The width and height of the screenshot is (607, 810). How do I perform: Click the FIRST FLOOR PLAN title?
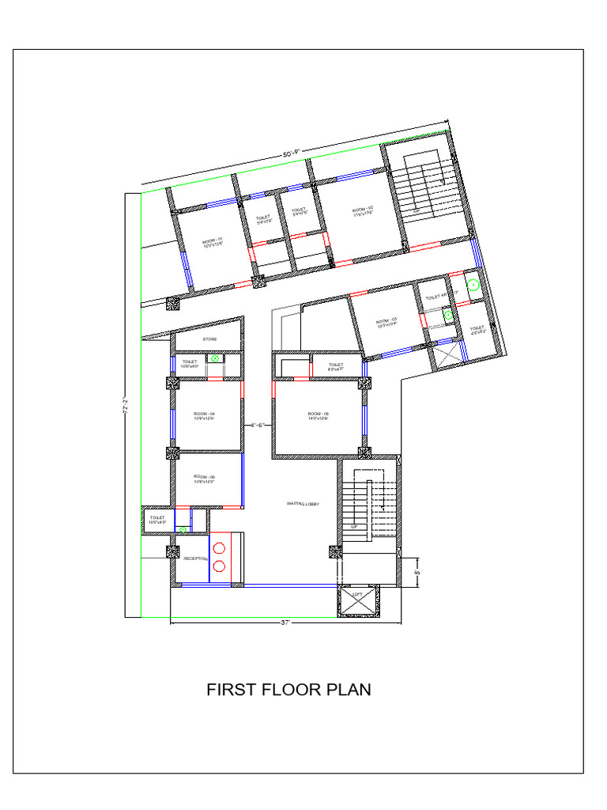pos(288,690)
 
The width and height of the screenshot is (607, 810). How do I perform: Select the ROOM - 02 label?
pos(362,210)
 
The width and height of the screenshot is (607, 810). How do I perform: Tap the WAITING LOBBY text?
pos(302,503)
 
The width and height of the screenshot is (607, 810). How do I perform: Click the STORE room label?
pos(209,339)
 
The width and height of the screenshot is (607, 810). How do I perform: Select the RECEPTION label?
pos(195,558)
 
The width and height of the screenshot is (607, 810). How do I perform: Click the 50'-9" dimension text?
pos(292,153)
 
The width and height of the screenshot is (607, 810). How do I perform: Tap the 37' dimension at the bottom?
pos(286,623)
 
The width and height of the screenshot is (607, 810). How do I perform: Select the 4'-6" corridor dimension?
pos(257,426)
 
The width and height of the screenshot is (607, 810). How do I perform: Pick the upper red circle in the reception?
pos(219,547)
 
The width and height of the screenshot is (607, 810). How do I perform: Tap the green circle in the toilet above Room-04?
pos(213,358)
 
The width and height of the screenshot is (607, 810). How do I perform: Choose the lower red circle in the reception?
pos(219,566)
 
